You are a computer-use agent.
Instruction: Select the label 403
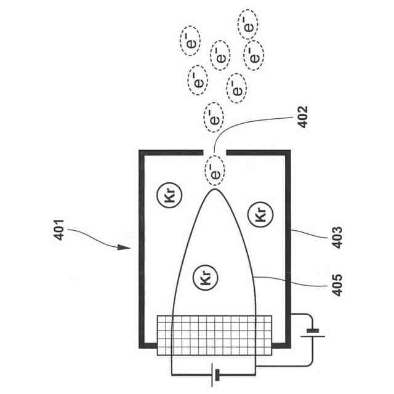337,238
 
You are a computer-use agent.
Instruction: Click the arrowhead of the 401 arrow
127,249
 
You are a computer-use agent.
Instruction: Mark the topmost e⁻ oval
247,25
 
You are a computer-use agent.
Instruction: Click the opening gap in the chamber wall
214,151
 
